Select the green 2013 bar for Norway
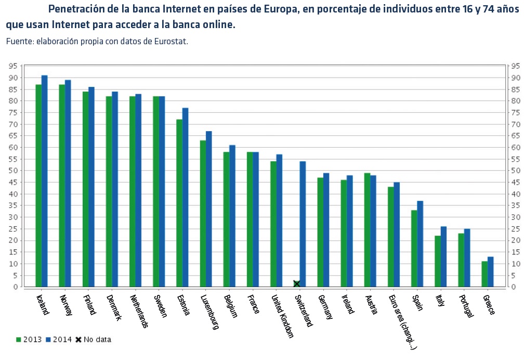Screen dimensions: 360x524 [62, 185]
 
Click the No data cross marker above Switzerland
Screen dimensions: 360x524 [297, 284]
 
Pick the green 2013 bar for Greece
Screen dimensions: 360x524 [484, 274]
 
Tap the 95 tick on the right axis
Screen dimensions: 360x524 [515, 66]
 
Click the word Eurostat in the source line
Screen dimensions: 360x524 [171, 41]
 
